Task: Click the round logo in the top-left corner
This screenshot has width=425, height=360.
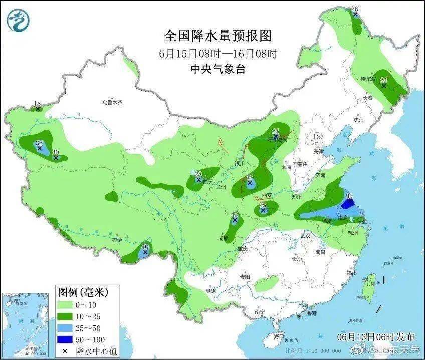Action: [x=19, y=20]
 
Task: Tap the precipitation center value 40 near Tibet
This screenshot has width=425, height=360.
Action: [x=145, y=247]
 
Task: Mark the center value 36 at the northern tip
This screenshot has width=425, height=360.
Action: [x=355, y=9]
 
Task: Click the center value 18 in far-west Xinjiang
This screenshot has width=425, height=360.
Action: [x=37, y=104]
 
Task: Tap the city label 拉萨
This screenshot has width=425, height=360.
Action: [x=117, y=240]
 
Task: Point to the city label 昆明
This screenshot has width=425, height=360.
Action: [x=210, y=291]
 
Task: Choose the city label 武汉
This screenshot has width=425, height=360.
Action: [x=306, y=236]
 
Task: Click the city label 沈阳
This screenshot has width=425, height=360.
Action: [x=358, y=120]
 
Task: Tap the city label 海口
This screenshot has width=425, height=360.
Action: [x=278, y=336]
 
